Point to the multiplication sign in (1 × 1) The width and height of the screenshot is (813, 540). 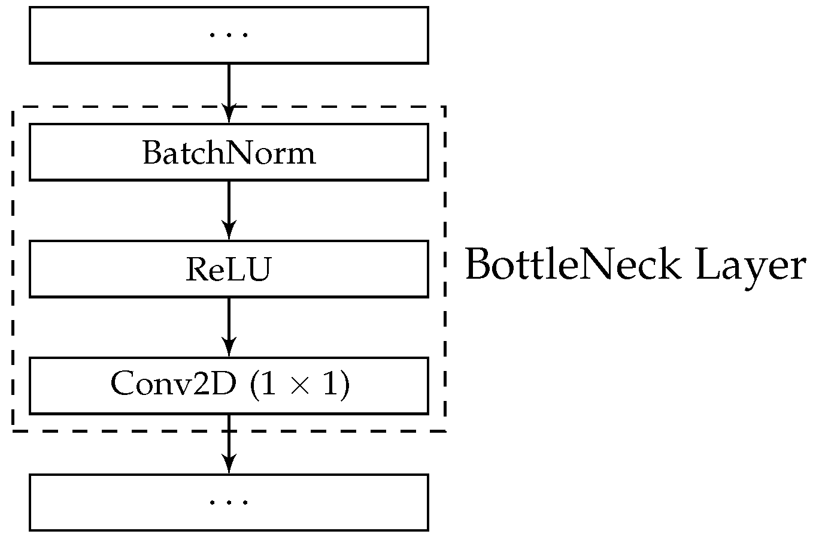[x=298, y=386]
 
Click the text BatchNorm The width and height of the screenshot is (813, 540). [x=229, y=153]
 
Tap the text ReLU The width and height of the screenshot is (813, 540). [x=228, y=270]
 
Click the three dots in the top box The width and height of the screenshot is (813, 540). [x=229, y=35]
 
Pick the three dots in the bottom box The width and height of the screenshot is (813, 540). [x=229, y=502]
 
